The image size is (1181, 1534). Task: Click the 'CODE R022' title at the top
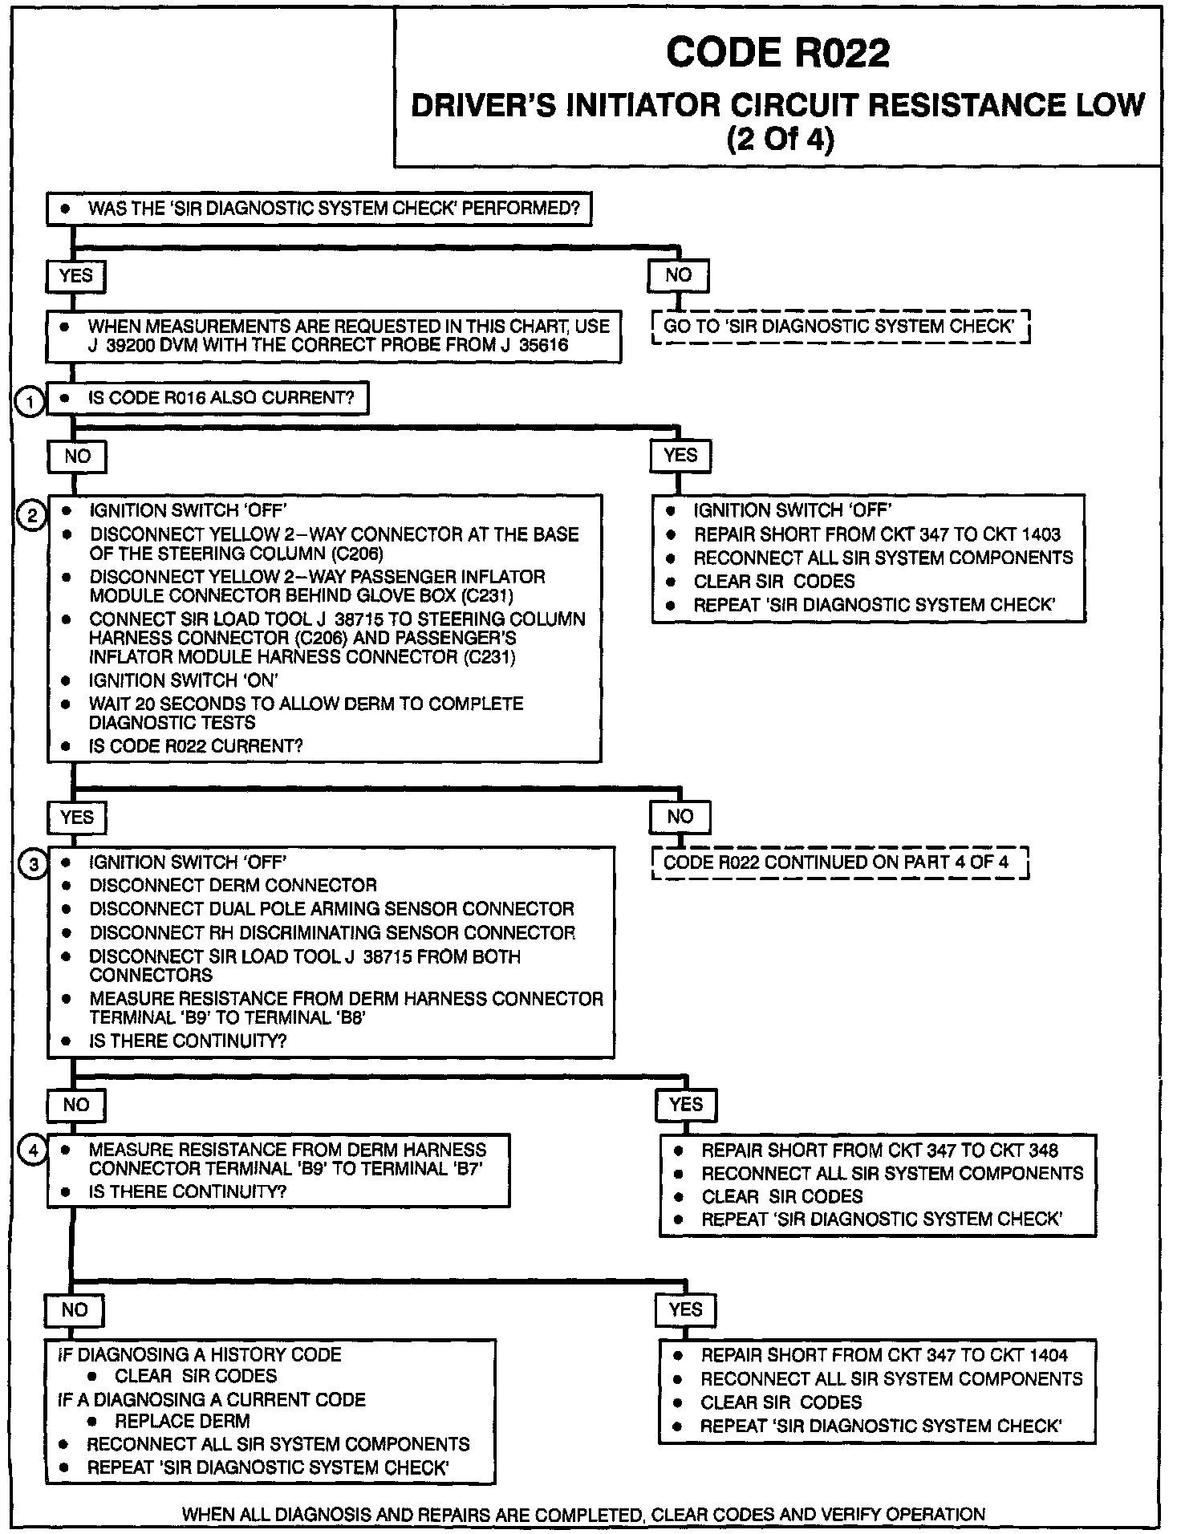[777, 53]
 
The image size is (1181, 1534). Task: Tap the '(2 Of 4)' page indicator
[780, 140]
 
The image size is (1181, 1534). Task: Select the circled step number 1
[30, 400]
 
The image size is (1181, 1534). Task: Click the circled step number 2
[32, 515]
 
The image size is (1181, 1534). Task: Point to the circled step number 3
[33, 865]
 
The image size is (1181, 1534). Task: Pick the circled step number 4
[32, 1150]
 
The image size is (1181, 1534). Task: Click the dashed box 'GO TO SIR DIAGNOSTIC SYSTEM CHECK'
[840, 327]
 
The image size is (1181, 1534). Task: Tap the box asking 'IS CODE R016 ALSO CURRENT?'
[208, 398]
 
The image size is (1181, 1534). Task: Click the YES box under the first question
[76, 276]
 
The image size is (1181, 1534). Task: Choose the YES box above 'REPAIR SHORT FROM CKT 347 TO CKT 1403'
[680, 456]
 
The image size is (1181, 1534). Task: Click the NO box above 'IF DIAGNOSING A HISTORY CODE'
[75, 1310]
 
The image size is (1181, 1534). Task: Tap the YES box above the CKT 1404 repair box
[686, 1310]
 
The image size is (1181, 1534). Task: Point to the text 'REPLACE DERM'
[182, 1421]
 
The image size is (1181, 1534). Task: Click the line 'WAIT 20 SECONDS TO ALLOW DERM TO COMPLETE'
[306, 704]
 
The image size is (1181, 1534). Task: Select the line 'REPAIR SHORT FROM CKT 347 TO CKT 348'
[879, 1150]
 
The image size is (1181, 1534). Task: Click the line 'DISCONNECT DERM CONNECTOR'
[233, 885]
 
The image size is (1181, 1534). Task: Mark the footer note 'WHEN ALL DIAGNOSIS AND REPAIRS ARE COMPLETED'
[583, 1515]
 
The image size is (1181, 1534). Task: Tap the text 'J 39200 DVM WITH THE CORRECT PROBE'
[328, 346]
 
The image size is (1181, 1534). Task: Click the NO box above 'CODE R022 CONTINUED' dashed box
[680, 817]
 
